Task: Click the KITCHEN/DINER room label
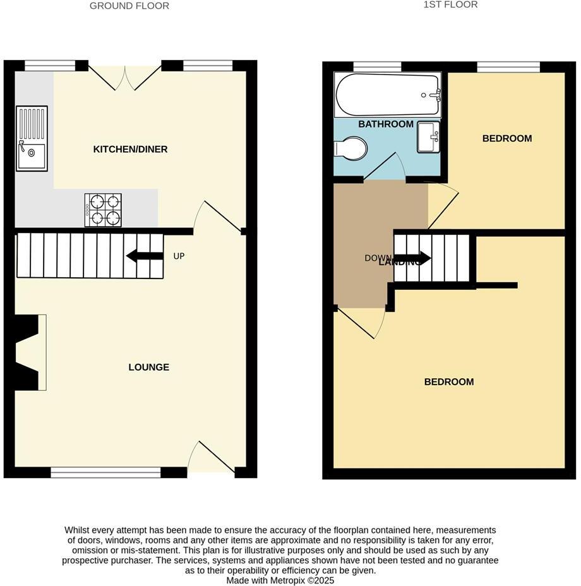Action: click(130, 150)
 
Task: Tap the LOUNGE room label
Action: click(148, 368)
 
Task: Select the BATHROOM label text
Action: click(386, 124)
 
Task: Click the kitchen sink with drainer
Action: click(32, 138)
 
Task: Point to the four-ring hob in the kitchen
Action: click(103, 210)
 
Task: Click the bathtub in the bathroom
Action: click(387, 95)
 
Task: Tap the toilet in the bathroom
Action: click(350, 150)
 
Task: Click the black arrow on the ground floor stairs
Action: click(145, 256)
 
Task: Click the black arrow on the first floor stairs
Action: click(414, 258)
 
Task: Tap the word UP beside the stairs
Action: click(179, 256)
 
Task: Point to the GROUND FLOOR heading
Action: click(129, 6)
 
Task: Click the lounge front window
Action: click(105, 472)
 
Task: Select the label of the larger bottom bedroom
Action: click(448, 382)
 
